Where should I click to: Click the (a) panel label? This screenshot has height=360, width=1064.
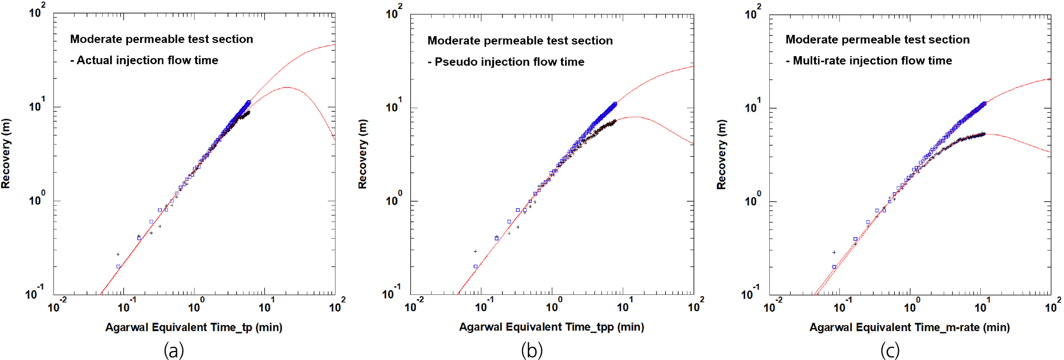(174, 350)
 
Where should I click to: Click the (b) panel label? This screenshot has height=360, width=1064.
(532, 350)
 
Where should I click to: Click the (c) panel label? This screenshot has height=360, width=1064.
(890, 350)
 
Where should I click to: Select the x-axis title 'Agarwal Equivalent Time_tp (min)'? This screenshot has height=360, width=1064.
(194, 327)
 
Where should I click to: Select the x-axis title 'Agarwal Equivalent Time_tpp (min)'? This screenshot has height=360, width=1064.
(551, 327)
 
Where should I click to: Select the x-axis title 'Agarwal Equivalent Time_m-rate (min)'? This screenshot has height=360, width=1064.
(909, 327)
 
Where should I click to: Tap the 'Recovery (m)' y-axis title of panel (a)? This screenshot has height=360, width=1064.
(6, 154)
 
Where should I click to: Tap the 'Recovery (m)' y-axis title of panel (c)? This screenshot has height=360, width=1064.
(721, 155)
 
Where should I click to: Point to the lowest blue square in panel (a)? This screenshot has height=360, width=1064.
(118, 266)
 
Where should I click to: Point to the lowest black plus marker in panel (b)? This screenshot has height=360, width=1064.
(475, 251)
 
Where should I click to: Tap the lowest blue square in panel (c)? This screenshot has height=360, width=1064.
(834, 266)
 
